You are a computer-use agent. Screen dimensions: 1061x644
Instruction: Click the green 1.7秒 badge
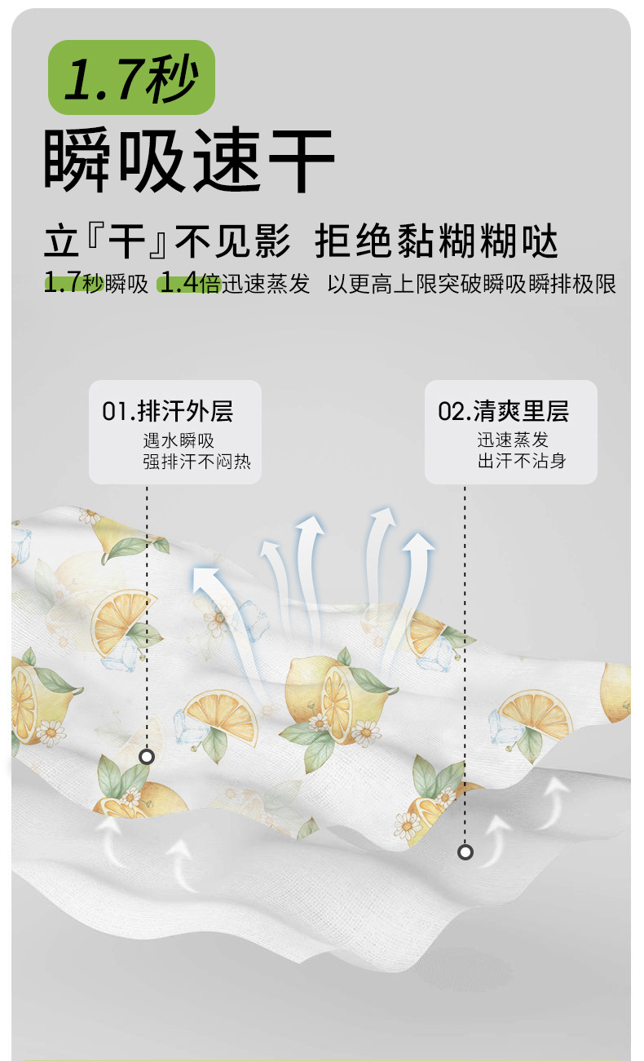[x=130, y=77]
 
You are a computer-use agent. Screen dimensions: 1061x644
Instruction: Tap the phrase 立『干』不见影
[x=167, y=243]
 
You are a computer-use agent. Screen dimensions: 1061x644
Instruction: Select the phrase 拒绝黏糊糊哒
[x=437, y=243]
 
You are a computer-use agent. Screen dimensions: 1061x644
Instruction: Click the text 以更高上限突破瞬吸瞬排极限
[x=471, y=284]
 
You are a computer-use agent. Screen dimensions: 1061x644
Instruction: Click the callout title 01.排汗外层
[x=167, y=411]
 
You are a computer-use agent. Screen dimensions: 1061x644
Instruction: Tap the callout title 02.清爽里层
[x=503, y=411]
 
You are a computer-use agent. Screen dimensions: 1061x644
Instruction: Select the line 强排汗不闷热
[x=197, y=462]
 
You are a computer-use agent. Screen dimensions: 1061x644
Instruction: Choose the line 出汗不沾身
[x=522, y=461]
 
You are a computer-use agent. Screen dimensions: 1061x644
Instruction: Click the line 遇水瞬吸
[x=179, y=440]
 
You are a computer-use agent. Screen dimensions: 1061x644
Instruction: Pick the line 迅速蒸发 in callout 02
[x=513, y=440]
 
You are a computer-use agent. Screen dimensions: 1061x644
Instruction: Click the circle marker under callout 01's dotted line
[x=147, y=757]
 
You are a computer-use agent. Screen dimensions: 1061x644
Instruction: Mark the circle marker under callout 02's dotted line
[x=465, y=852]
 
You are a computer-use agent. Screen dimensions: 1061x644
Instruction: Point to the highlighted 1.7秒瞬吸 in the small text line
[x=96, y=284]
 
